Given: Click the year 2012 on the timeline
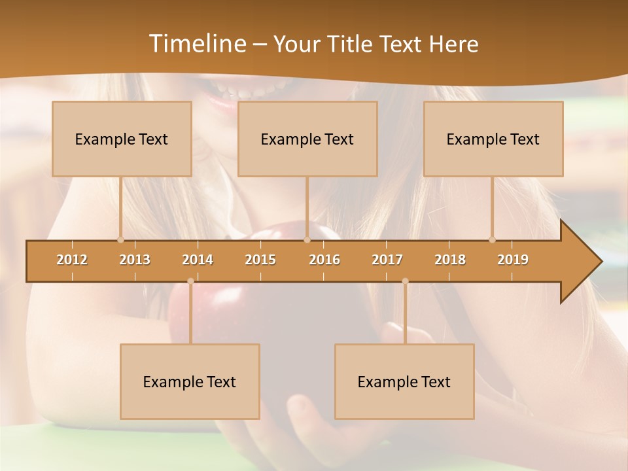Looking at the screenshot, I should (x=72, y=260).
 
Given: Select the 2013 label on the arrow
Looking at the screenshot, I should (x=135, y=260).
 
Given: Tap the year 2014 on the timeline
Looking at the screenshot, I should (x=198, y=260).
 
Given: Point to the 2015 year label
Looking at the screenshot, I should (x=260, y=260).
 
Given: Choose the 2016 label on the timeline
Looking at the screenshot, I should (x=324, y=260).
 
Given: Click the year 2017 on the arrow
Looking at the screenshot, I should (x=387, y=260).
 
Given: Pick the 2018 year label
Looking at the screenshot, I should (x=450, y=260).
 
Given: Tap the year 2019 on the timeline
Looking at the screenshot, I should (x=513, y=260).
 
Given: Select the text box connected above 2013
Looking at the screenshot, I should (x=122, y=139).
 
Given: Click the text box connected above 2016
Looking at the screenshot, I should (x=307, y=139).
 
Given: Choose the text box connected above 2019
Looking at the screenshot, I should (x=493, y=139).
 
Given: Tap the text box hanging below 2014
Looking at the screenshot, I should (x=190, y=381).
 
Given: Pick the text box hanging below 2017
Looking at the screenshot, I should (x=404, y=381).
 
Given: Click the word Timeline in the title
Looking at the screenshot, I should (x=196, y=44).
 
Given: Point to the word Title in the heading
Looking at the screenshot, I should (x=352, y=44).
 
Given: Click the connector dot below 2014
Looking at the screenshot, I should (x=190, y=281).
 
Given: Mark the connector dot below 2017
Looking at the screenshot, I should (x=405, y=281).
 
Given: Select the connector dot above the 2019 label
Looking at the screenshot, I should (x=492, y=239).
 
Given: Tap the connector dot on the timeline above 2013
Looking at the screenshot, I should (x=120, y=239).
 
